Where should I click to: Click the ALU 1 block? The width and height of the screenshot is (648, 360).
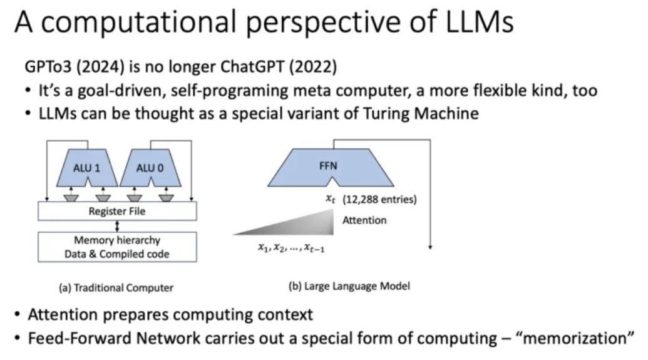tap(87, 168)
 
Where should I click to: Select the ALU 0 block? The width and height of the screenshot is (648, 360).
tap(150, 168)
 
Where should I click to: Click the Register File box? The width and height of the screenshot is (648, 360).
tap(117, 211)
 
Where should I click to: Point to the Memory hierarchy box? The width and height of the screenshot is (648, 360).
tap(117, 247)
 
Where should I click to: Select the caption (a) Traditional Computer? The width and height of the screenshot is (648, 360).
tap(116, 287)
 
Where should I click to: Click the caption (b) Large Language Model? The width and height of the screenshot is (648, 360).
tap(349, 286)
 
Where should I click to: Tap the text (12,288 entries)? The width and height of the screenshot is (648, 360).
tap(379, 199)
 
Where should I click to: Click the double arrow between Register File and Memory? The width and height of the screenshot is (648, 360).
tap(117, 226)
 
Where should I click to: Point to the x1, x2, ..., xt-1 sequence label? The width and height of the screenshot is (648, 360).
tap(291, 247)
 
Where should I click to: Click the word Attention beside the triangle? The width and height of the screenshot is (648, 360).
tap(364, 220)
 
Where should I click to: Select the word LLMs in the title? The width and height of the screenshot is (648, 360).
tap(480, 21)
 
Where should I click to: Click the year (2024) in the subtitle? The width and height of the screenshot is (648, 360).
tap(100, 66)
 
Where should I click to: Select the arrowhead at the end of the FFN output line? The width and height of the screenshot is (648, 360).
tap(430, 247)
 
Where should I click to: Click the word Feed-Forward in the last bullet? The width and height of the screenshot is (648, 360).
tap(80, 338)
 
